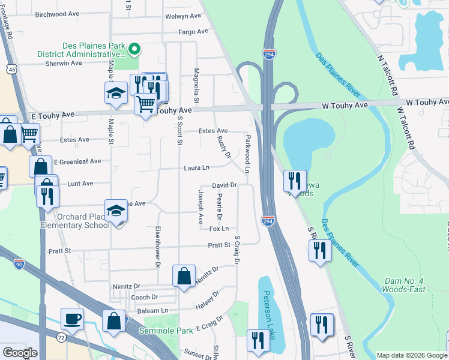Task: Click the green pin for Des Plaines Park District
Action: coord(135,49)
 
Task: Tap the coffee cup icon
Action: coord(72,319)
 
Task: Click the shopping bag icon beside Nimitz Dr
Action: coord(184,276)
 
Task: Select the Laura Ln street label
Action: coord(197,168)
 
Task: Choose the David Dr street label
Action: coord(224,186)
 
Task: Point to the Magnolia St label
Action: coord(196,85)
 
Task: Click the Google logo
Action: coord(20,353)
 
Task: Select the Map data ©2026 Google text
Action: coord(411,355)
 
